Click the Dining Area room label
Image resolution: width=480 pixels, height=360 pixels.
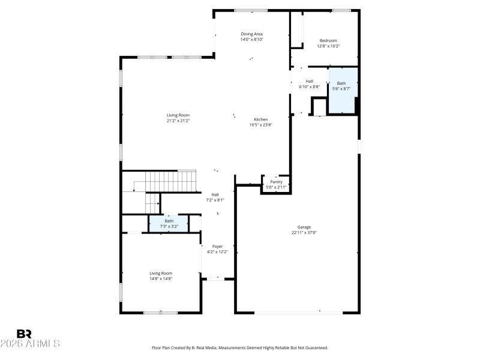252,34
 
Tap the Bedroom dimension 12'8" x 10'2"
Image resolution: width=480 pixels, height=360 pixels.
328,46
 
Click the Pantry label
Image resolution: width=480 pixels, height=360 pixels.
276,182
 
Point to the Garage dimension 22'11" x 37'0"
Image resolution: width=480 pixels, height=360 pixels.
304,232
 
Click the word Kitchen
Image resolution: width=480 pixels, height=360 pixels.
260,119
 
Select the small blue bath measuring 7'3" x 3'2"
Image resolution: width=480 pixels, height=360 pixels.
169,223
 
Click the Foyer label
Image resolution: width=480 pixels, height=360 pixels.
217,247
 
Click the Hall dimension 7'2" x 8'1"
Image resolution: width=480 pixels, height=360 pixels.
215,200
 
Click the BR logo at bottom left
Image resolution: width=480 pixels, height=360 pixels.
24,334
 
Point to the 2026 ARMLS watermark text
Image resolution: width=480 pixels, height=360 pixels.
30,344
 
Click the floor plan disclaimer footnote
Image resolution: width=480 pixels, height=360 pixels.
240,347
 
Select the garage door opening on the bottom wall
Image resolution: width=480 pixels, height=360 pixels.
298,312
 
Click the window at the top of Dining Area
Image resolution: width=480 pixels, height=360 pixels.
251,10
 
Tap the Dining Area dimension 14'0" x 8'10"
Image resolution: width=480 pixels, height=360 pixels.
252,39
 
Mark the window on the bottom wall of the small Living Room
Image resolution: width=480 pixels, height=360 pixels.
160,312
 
